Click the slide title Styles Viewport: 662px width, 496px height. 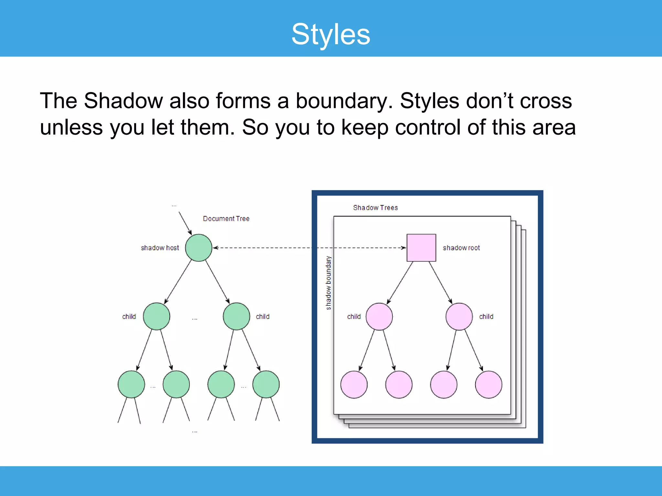click(x=331, y=34)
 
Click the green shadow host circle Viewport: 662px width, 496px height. click(x=198, y=248)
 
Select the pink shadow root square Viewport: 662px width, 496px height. click(x=421, y=248)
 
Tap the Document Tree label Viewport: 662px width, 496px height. click(x=226, y=219)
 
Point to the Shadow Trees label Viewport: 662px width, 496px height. click(x=375, y=208)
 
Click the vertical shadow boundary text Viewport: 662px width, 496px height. click(x=328, y=283)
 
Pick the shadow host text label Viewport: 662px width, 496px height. click(x=160, y=248)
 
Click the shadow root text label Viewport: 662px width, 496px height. click(x=461, y=248)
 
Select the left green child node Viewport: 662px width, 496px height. click(x=156, y=316)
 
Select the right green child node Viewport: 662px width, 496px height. click(x=236, y=316)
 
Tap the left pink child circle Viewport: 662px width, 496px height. click(x=379, y=316)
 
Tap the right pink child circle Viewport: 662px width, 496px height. click(x=459, y=316)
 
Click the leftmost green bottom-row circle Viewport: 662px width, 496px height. click(x=131, y=384)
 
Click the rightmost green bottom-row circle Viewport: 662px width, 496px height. click(x=266, y=384)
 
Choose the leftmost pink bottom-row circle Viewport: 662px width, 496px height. click(x=354, y=385)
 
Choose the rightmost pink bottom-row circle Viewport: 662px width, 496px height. click(x=488, y=385)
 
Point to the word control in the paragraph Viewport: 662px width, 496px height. click(x=428, y=127)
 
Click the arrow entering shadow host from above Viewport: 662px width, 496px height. click(x=185, y=223)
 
